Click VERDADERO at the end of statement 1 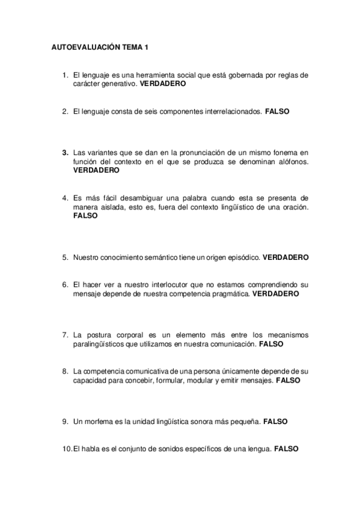tap(162, 85)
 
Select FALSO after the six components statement tap(277, 111)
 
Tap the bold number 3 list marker tap(64, 153)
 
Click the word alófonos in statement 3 tap(290, 162)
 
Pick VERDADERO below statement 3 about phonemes tap(96, 170)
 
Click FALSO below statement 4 tap(85, 215)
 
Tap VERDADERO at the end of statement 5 tap(285, 257)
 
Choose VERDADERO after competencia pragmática tap(275, 294)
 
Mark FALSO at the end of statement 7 tap(271, 344)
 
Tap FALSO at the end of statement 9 tap(275, 422)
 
